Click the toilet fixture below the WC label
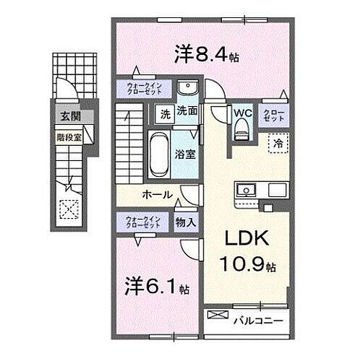pyautogui.click(x=242, y=130)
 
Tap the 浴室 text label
pyautogui.click(x=185, y=152)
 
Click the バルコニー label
pyautogui.click(x=260, y=317)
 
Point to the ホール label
pyautogui.click(x=157, y=195)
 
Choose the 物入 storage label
pyautogui.click(x=185, y=223)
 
